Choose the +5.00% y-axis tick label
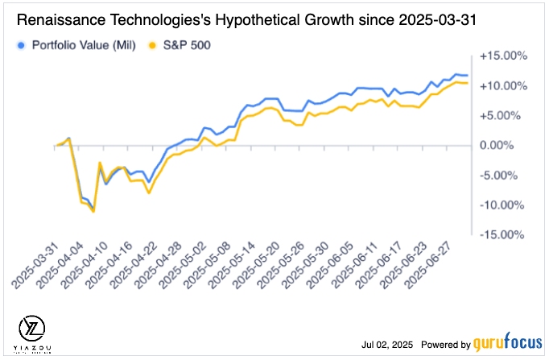tap(506, 116)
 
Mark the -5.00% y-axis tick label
tap(506, 176)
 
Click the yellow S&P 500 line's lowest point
tap(93, 212)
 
